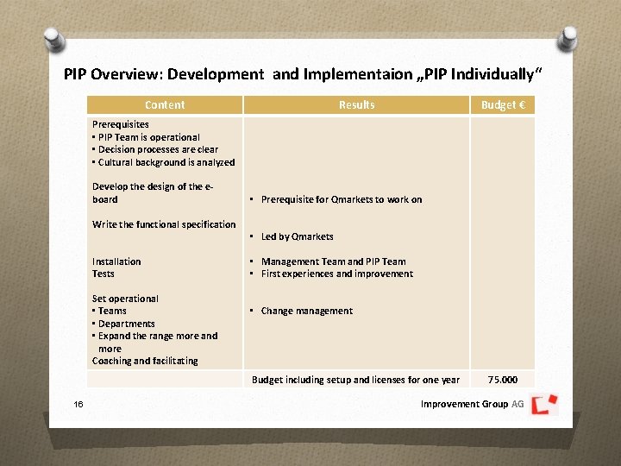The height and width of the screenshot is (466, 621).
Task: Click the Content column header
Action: click(165, 105)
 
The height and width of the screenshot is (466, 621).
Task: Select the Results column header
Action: click(356, 105)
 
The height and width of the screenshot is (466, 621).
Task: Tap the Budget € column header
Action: click(503, 105)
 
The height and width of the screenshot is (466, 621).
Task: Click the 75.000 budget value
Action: click(503, 380)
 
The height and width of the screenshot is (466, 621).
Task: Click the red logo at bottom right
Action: click(544, 403)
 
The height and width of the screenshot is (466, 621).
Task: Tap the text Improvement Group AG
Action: click(472, 404)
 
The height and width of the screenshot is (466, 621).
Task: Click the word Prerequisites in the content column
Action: click(121, 124)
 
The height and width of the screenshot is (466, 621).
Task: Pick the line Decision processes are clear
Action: click(157, 149)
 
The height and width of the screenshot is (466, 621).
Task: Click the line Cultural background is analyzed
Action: click(165, 162)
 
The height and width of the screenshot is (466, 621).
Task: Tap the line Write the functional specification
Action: click(164, 224)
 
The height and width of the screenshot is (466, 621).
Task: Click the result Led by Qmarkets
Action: click(297, 236)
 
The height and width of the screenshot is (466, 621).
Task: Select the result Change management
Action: click(306, 311)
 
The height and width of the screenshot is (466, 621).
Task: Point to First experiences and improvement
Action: click(336, 274)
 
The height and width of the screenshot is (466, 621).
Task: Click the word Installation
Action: click(116, 261)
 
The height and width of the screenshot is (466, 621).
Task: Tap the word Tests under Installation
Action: click(103, 274)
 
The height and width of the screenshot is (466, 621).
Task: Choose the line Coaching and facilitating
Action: click(145, 361)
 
